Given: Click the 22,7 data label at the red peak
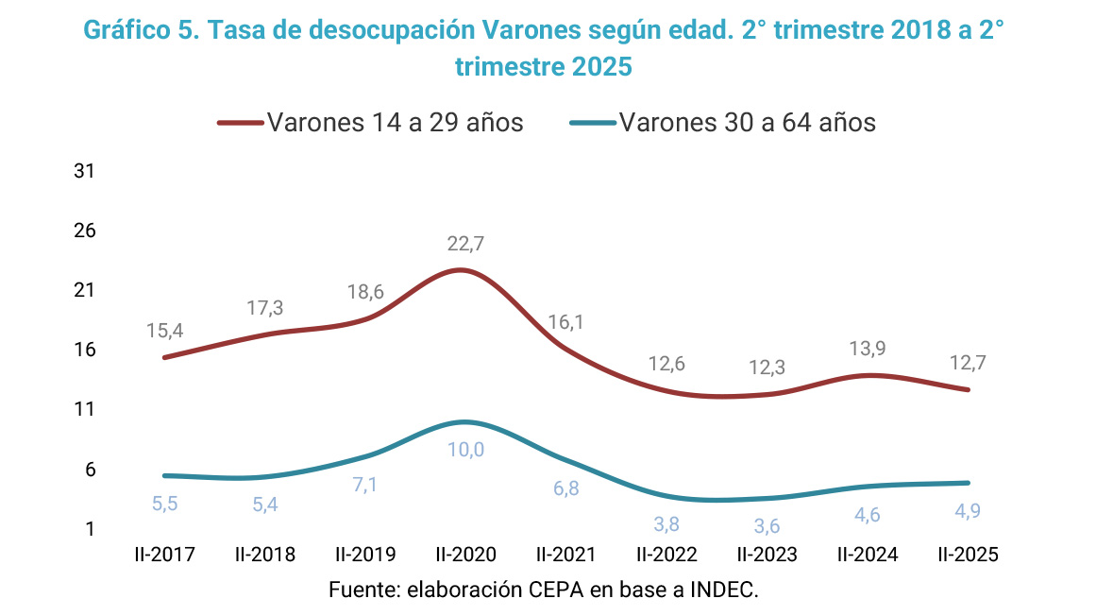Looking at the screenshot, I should pyautogui.click(x=465, y=244).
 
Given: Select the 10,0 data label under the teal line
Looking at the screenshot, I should pyautogui.click(x=465, y=450).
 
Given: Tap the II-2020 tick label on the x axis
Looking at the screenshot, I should pyautogui.click(x=465, y=555).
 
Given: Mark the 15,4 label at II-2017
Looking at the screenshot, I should pyautogui.click(x=165, y=332).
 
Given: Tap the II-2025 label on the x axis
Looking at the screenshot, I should pyautogui.click(x=968, y=555).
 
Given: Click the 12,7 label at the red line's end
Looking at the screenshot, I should pyautogui.click(x=968, y=363).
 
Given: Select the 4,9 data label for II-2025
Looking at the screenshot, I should pyautogui.click(x=968, y=511).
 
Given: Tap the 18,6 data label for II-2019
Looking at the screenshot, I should pyautogui.click(x=365, y=292).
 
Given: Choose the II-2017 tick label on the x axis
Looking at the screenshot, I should pyautogui.click(x=165, y=555).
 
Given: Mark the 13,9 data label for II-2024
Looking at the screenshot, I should pyautogui.click(x=868, y=349).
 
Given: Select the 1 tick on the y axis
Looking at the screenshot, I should pyautogui.click(x=91, y=529).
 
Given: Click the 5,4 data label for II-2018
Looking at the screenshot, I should pyautogui.click(x=265, y=505).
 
